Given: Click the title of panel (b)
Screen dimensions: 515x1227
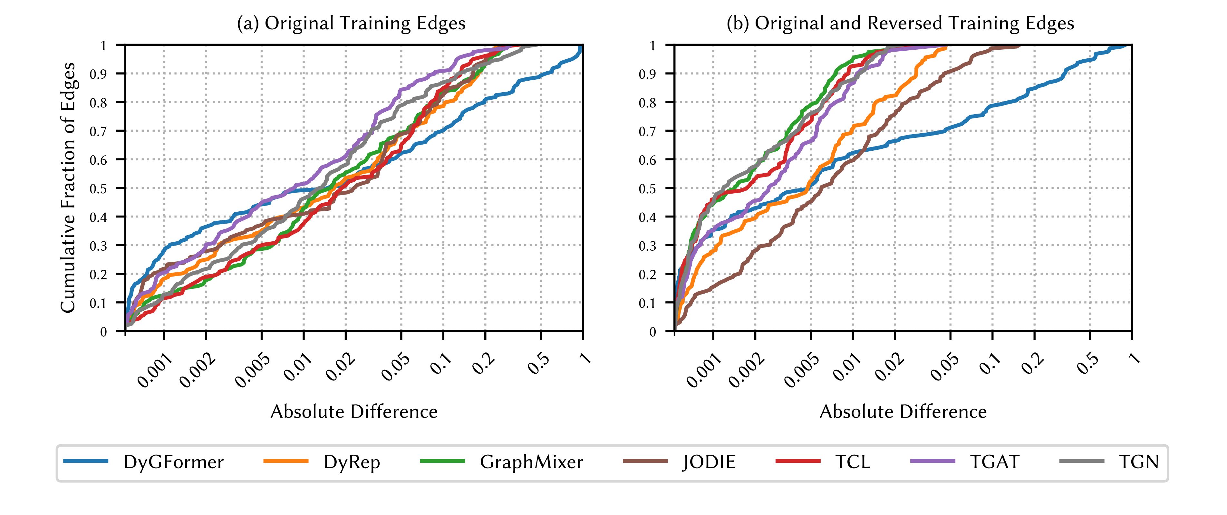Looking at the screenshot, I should (900, 23).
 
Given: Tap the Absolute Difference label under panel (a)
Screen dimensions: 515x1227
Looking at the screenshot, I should (354, 411).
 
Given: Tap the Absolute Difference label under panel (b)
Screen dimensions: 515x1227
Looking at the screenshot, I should (903, 411).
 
